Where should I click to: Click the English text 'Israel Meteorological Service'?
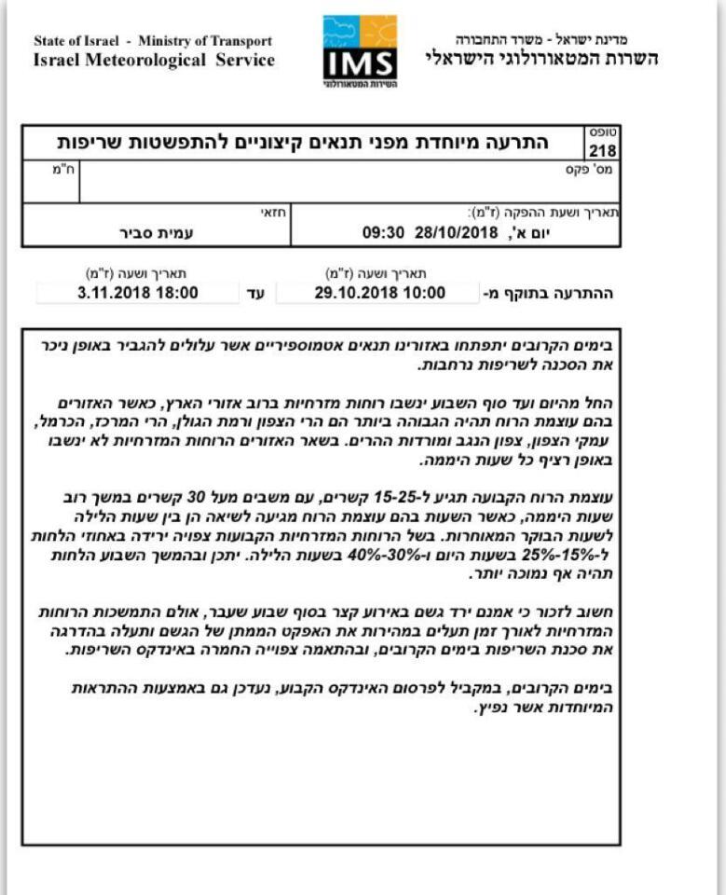click(154, 61)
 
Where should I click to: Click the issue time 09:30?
click(381, 232)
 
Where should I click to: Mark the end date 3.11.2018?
click(104, 293)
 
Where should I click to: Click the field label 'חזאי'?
click(273, 213)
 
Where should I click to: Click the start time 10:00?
click(418, 293)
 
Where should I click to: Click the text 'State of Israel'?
click(79, 41)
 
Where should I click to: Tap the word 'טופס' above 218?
click(602, 132)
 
